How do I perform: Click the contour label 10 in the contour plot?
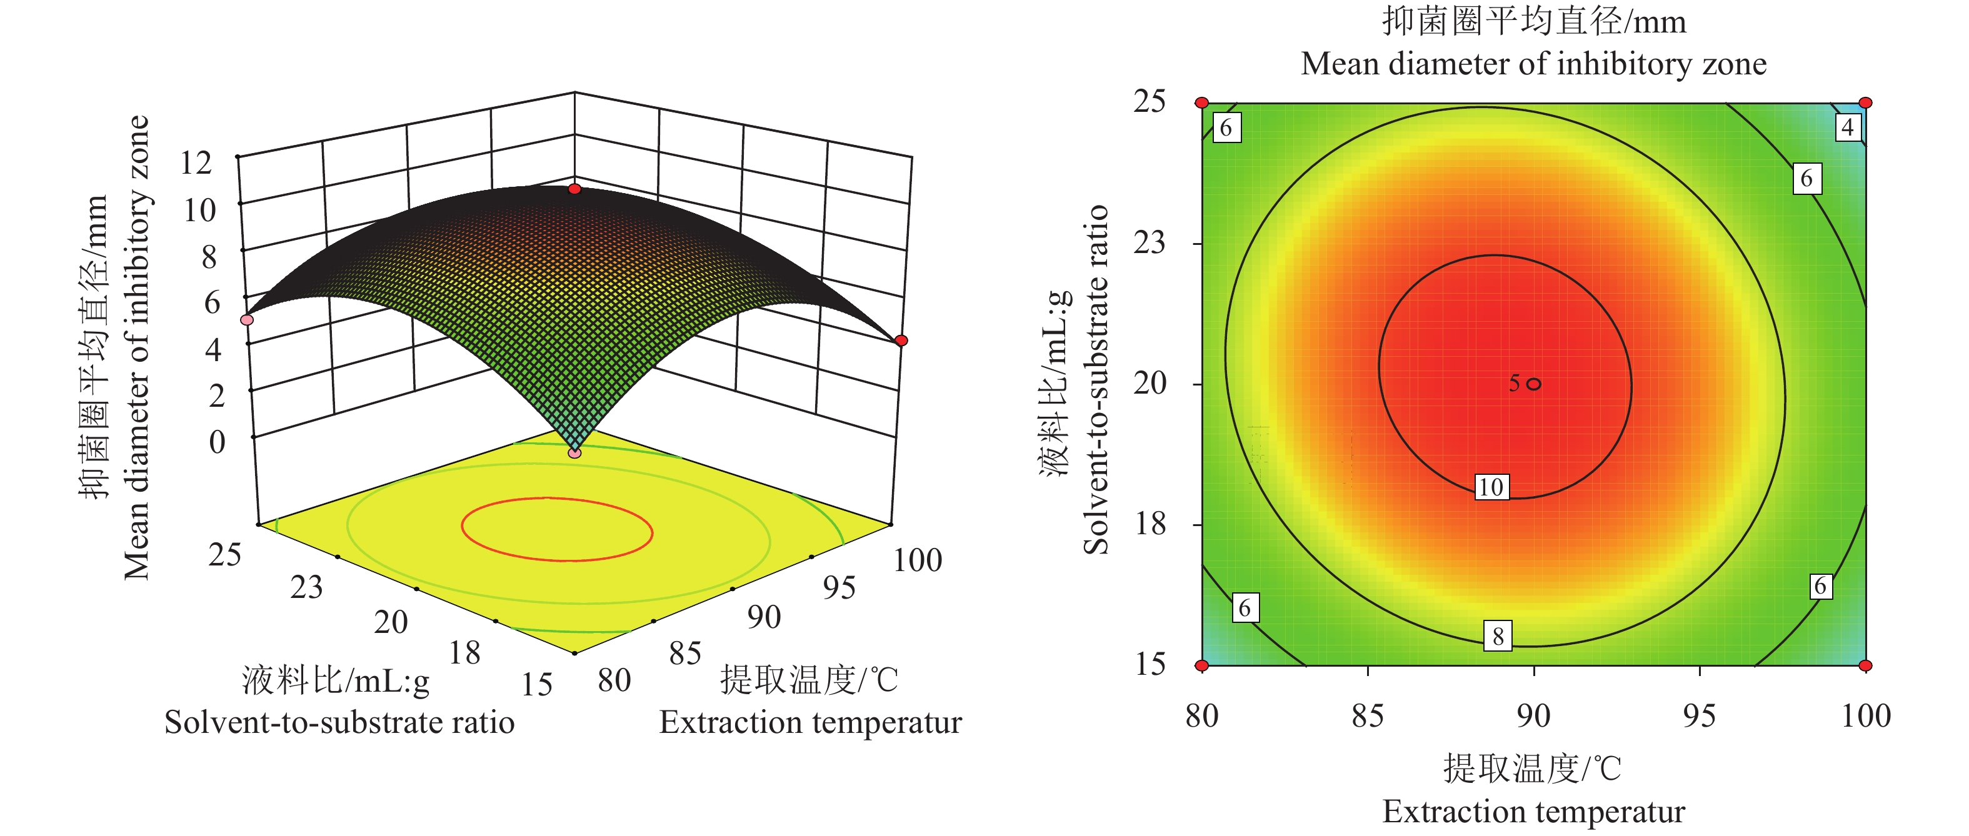click(1491, 487)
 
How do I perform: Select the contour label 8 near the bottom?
click(1498, 636)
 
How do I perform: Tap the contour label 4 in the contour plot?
click(1848, 127)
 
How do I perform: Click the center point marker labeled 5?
click(1533, 384)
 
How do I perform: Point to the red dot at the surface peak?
click(575, 189)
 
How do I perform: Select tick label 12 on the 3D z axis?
click(196, 163)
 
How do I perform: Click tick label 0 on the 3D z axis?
click(217, 442)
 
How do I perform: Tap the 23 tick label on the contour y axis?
click(1149, 243)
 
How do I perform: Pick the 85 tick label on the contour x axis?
click(1368, 717)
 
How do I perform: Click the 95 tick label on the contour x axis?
click(1699, 717)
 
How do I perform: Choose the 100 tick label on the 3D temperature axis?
click(917, 560)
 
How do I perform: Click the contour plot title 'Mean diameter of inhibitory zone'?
click(1533, 64)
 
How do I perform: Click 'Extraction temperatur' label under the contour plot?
click(1533, 812)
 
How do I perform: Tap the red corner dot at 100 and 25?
click(1866, 102)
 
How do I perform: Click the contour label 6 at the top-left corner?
click(1226, 127)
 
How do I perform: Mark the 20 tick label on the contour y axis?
click(1149, 383)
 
